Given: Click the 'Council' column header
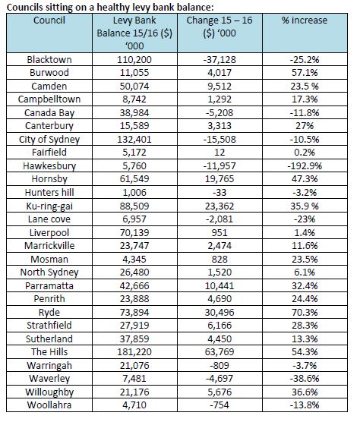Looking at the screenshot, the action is [49, 20].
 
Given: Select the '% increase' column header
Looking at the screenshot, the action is [305, 20].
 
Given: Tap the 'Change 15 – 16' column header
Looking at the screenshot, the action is [219, 27].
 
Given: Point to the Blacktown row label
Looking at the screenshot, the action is [49, 59].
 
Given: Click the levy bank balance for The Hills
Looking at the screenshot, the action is [134, 351].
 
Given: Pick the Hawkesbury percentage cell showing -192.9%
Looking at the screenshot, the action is [305, 165].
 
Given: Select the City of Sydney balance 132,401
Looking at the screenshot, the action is [134, 140].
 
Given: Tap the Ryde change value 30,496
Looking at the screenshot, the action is [219, 312].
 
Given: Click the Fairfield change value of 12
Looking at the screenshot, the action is [219, 153].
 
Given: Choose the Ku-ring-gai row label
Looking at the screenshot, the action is [49, 206].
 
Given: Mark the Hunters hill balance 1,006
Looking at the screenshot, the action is [134, 193].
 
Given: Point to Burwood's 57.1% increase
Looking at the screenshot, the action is [305, 73].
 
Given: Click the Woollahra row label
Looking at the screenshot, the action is [49, 405].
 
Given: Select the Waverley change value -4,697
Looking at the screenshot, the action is [219, 379].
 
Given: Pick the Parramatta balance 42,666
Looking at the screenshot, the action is [134, 285].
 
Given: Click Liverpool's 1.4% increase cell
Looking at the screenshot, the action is [305, 232].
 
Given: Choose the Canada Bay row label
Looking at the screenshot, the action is [49, 113].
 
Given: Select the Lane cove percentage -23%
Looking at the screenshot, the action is [305, 219].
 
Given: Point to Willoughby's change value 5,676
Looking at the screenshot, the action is [219, 392].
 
